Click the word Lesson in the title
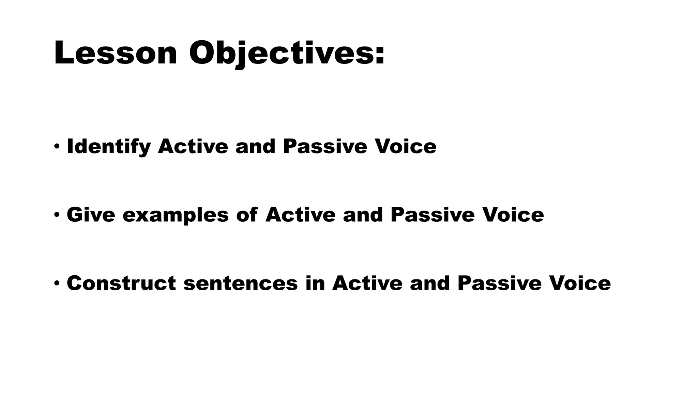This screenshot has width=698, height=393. [x=115, y=53]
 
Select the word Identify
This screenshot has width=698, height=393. [x=109, y=147]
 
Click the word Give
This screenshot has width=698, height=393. [x=91, y=215]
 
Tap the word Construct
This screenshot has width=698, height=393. [x=121, y=283]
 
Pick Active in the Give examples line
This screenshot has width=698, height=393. [x=300, y=215]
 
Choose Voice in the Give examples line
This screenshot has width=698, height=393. [x=513, y=215]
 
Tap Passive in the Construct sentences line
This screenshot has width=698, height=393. [x=499, y=283]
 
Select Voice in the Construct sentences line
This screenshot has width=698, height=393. [x=580, y=283]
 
